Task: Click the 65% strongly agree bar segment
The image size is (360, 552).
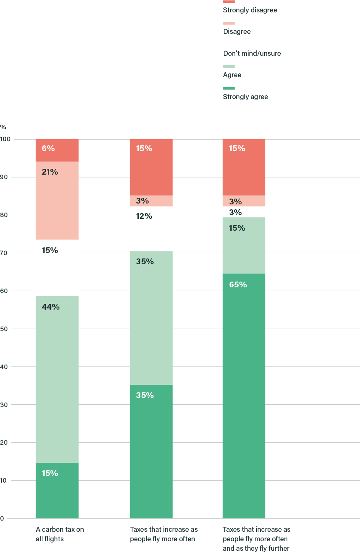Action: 244,396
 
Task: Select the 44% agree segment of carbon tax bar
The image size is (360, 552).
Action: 57,379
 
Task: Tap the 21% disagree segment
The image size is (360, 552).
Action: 57,200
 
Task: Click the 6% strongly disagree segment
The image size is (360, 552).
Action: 57,150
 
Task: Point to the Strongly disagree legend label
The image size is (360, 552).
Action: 250,10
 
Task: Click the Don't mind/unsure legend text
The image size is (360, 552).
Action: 252,53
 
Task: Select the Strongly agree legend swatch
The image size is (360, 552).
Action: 229,88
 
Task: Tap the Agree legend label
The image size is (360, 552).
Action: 232,75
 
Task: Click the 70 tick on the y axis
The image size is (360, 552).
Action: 5,253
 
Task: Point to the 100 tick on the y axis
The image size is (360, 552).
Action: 6,139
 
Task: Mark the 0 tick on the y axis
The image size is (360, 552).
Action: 2,518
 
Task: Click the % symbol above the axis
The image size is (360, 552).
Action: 3,127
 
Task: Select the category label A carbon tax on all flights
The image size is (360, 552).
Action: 60,534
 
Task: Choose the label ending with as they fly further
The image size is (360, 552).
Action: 256,539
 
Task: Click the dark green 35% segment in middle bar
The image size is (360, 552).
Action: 151,451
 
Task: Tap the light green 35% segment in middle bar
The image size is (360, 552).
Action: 151,318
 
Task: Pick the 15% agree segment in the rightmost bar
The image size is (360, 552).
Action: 244,245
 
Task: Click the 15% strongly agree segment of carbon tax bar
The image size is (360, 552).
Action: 57,490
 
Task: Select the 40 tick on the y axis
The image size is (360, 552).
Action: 5,367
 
